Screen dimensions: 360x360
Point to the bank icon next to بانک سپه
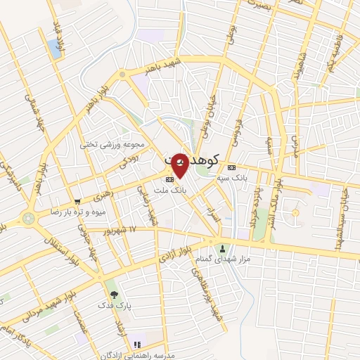pyautogui.click(x=231, y=167)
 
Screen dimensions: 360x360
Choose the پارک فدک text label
pyautogui.click(x=112, y=305)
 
